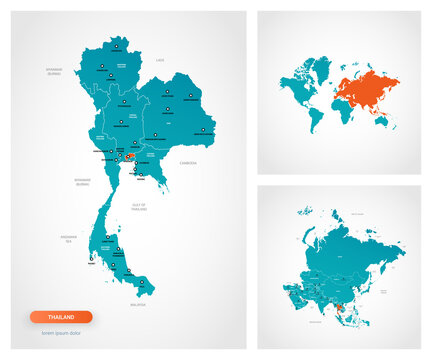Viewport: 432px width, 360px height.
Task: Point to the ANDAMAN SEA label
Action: (67, 238)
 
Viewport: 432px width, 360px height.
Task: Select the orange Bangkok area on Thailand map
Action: (130, 156)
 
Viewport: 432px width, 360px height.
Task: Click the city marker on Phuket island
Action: (91, 262)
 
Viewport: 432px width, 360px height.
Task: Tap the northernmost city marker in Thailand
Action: (116, 46)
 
